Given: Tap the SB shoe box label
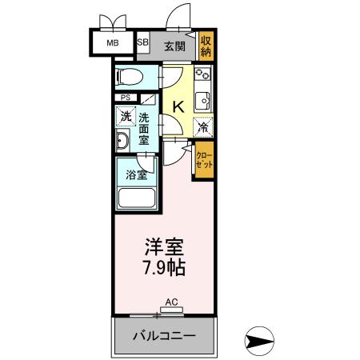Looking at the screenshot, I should [143, 43].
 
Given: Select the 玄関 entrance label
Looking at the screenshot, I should [174, 45].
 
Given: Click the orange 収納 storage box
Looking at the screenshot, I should [206, 45].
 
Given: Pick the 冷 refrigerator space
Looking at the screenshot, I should [204, 126].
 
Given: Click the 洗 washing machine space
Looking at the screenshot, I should [126, 117].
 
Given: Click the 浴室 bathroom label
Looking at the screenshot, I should [136, 174].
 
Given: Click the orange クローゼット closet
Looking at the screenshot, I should [205, 158].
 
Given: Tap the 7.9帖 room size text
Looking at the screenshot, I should [165, 266].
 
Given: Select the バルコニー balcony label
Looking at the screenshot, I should [164, 334].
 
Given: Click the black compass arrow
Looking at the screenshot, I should [262, 340].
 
